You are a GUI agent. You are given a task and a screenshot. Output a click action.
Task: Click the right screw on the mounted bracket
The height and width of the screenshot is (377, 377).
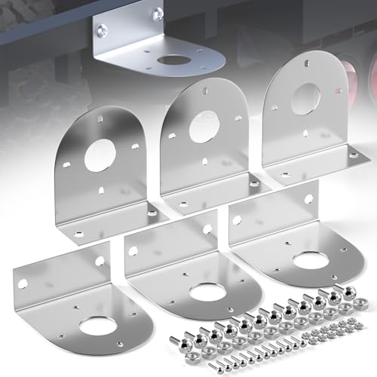158,12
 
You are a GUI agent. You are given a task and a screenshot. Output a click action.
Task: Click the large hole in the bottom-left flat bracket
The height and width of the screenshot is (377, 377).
98,325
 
